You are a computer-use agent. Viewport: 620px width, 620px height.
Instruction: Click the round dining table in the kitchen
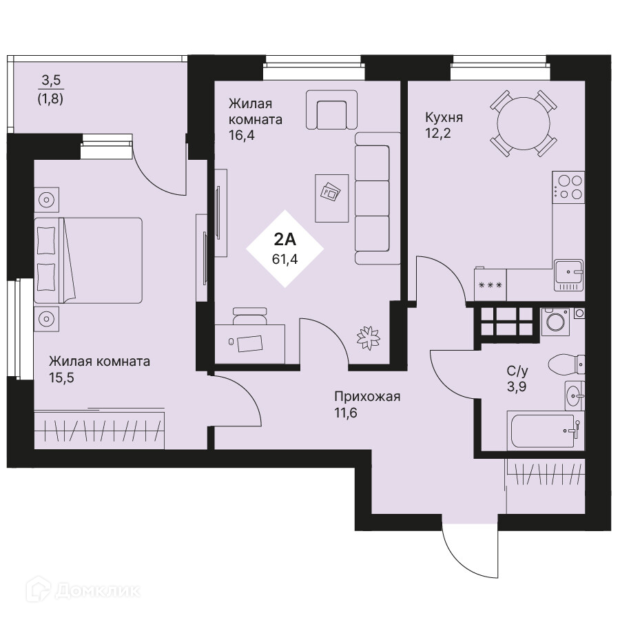[524, 123]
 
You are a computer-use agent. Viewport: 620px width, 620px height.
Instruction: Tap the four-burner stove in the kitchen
[568, 187]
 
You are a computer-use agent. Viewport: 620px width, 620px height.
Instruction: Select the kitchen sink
[569, 276]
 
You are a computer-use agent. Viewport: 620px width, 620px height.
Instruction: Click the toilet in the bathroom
[566, 364]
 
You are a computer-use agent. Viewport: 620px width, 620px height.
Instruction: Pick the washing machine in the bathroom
[555, 322]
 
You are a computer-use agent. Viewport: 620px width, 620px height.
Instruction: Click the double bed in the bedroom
[87, 260]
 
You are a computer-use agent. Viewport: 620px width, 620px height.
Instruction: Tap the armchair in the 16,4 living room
[332, 110]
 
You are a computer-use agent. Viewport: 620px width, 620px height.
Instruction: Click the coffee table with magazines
[332, 198]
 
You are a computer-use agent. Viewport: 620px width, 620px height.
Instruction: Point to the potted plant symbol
[368, 338]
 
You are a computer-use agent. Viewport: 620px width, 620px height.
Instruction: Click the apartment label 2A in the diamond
[285, 240]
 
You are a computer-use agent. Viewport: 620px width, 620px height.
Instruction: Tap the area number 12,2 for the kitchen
[437, 134]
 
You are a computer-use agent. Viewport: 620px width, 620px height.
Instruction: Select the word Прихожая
[367, 396]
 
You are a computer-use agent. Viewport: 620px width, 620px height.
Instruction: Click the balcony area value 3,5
[51, 81]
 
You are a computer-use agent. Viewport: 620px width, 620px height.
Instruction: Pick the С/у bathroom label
[517, 371]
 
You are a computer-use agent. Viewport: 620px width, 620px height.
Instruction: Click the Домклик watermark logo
[83, 590]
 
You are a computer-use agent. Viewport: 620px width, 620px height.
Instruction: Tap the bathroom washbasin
[575, 395]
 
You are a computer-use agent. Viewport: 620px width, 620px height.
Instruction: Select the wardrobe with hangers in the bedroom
[99, 430]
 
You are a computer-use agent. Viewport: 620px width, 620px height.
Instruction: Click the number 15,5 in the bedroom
[61, 378]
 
